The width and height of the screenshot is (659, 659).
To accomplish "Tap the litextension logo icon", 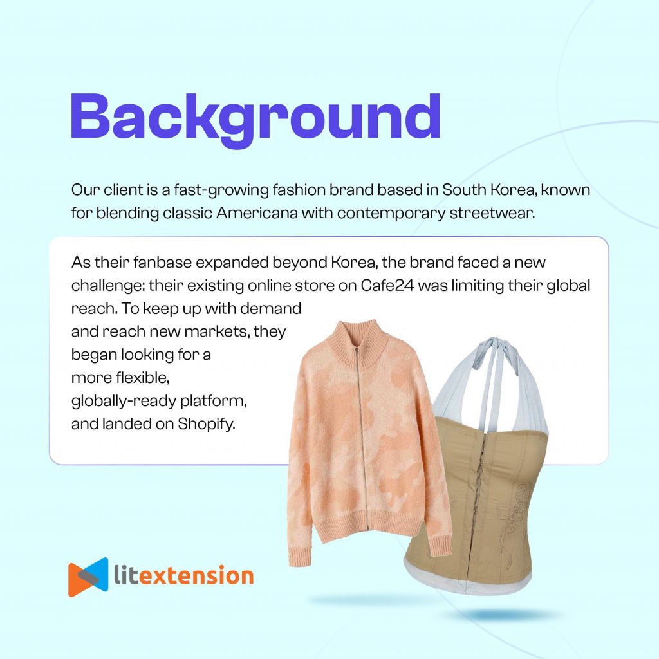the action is tap(88, 577).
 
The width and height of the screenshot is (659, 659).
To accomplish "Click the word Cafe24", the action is tap(387, 285).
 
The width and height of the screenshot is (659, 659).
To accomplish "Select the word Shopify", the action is tap(206, 424).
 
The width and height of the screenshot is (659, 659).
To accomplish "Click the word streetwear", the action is tap(492, 213).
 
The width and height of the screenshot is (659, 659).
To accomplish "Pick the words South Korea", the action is tap(490, 190).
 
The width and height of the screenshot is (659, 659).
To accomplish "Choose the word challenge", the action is tap(107, 286).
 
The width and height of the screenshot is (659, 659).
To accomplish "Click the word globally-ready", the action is tap(123, 402).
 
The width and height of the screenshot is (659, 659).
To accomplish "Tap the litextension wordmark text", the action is tap(183, 575).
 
